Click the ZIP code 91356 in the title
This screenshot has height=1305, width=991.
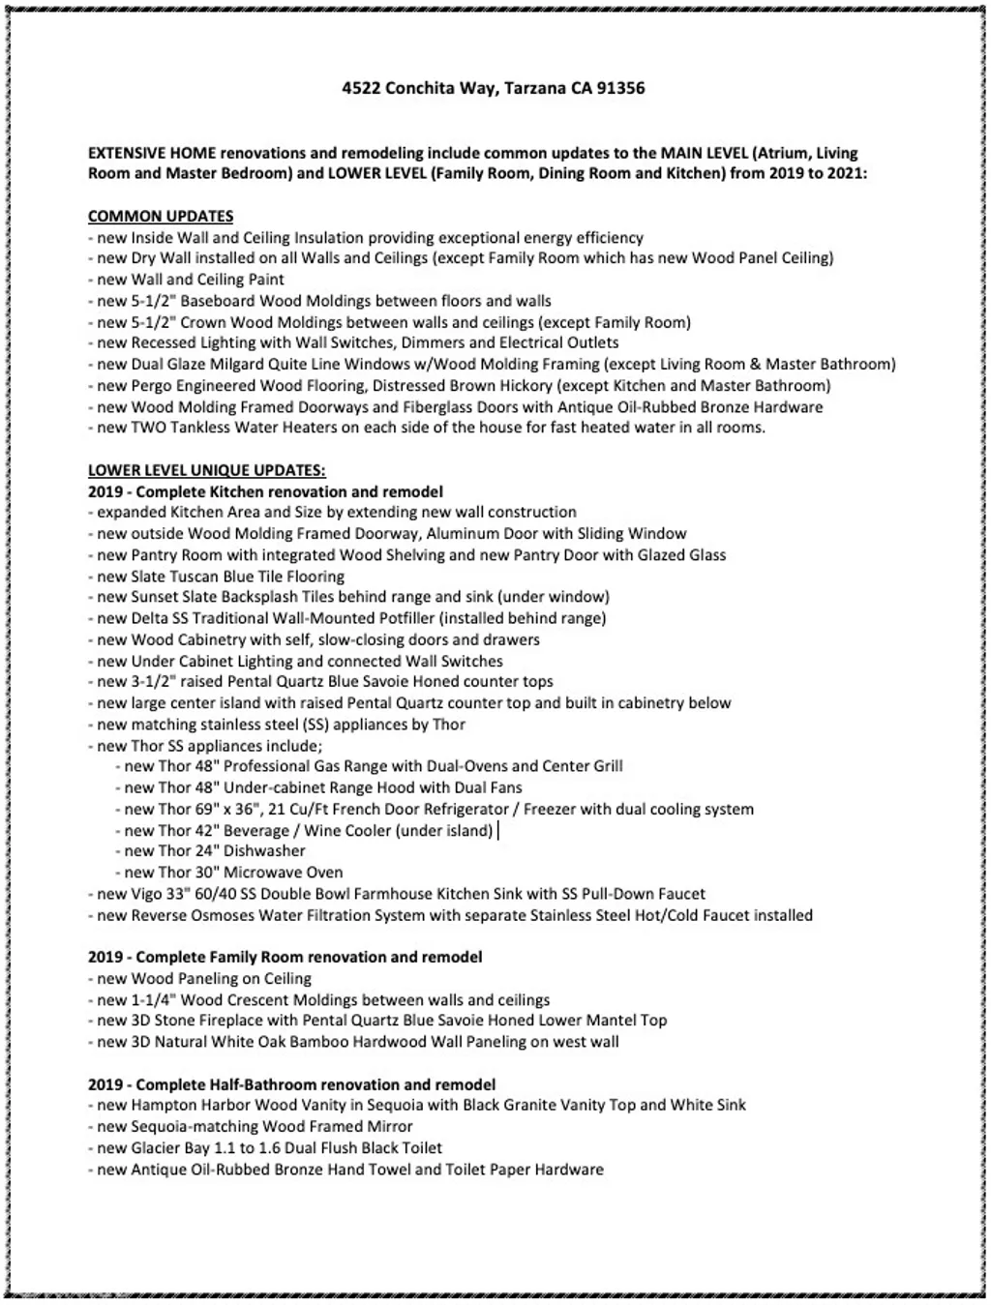620,88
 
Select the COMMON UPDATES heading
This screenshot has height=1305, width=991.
161,216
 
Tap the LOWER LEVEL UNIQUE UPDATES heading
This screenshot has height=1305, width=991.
207,470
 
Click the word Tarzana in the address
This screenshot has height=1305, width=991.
536,88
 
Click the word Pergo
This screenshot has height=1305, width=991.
151,386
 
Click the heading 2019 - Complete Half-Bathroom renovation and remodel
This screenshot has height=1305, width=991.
292,1084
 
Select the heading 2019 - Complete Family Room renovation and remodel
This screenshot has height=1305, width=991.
285,957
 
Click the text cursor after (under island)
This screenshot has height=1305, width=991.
498,831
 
